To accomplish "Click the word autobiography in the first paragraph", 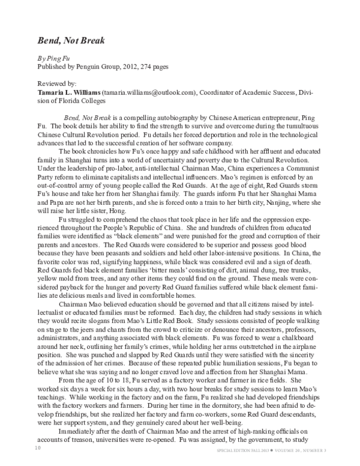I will [171, 113].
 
